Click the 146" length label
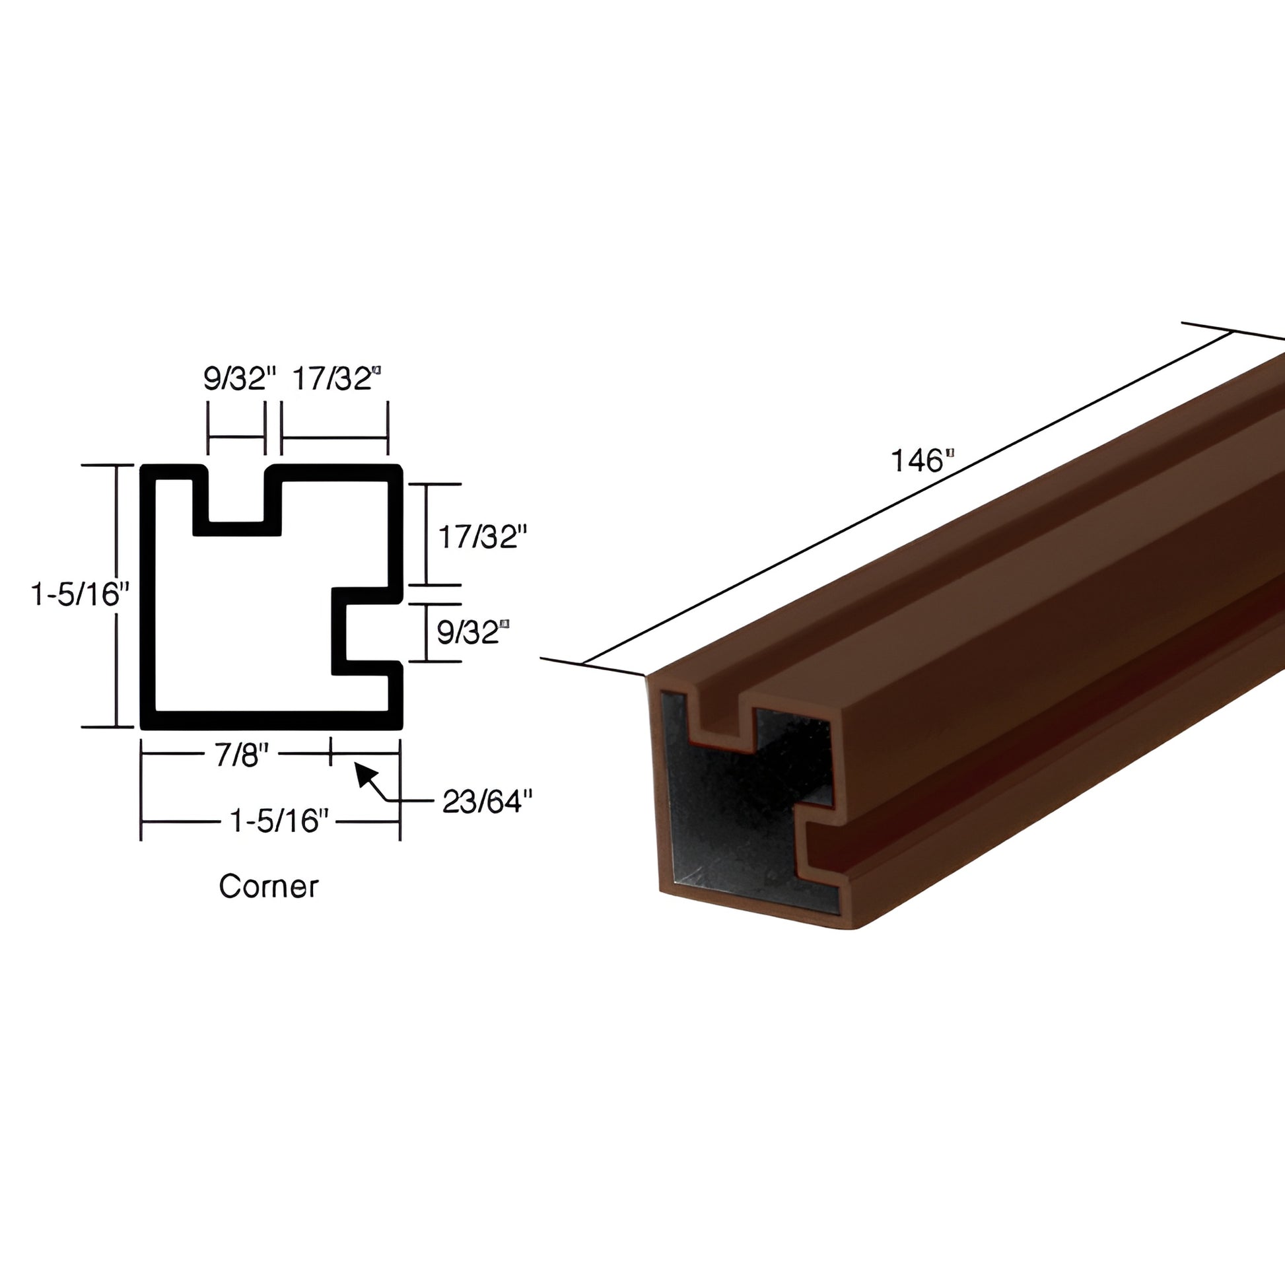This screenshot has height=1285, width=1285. pyautogui.click(x=922, y=460)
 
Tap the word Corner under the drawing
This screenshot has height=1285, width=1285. pyautogui.click(x=269, y=887)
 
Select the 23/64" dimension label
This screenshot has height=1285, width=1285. pyautogui.click(x=487, y=802)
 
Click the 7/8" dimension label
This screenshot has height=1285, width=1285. pyautogui.click(x=241, y=755)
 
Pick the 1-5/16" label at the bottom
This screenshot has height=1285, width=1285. pyautogui.click(x=279, y=821)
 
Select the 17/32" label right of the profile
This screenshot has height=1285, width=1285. pyautogui.click(x=481, y=537)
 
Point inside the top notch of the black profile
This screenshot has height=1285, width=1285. pyautogui.click(x=237, y=495)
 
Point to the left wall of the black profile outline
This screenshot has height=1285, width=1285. pyautogui.click(x=148, y=599)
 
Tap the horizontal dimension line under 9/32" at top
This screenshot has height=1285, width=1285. pyautogui.click(x=237, y=437)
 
